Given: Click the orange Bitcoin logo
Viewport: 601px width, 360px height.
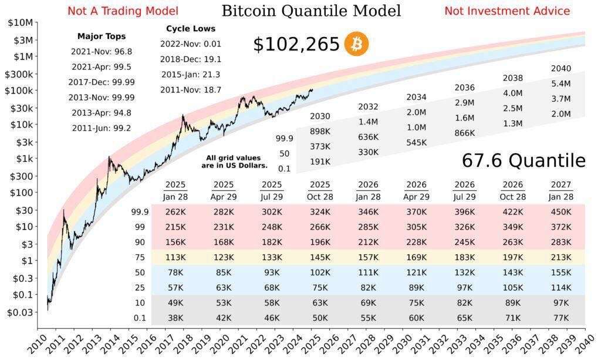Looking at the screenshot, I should pos(356,44).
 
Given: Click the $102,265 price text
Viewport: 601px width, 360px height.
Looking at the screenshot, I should pos(296,45).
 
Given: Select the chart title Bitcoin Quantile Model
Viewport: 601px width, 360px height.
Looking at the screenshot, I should pos(311,11).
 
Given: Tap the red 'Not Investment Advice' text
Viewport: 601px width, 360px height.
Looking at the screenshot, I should pos(507,11).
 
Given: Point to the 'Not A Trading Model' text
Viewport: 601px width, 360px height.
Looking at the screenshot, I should pos(123,11).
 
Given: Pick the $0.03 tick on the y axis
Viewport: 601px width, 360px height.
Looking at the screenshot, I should pos(19,312).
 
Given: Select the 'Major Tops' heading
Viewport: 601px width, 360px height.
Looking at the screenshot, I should pos(101,36).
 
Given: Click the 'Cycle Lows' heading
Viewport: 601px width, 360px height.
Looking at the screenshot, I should pos(191,28).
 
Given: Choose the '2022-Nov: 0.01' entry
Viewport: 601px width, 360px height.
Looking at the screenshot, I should pos(191,44).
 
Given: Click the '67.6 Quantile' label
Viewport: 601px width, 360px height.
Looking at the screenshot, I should pos(524,160).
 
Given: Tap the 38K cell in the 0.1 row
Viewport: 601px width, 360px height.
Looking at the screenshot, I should pos(175,318).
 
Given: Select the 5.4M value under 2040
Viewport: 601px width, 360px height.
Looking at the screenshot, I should pos(561,84).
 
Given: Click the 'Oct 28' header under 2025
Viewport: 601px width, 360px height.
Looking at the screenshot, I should pos(320,197).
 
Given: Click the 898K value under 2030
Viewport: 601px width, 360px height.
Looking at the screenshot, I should pos(320,131).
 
